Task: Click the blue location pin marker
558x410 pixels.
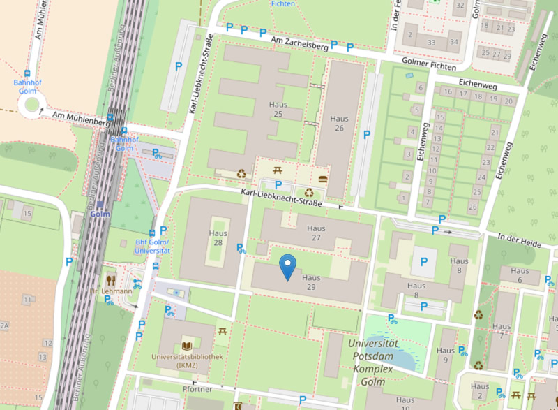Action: (x=287, y=266)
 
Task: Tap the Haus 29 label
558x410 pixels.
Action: (x=311, y=282)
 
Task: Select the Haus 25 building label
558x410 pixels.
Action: (x=278, y=109)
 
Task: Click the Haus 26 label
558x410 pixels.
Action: (x=340, y=124)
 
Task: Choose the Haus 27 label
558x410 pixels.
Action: (x=317, y=233)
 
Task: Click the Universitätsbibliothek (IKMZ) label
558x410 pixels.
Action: (x=187, y=360)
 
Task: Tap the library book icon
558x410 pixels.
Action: (x=186, y=346)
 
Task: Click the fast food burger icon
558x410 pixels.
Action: (x=322, y=179)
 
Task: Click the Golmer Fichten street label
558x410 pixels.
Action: (x=429, y=65)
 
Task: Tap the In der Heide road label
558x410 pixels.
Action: (x=520, y=238)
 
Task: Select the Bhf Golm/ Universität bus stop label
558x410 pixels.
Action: (x=153, y=247)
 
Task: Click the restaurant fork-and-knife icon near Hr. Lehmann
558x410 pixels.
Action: (x=109, y=279)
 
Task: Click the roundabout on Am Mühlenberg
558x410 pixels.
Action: (x=30, y=105)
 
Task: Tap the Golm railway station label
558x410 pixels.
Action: (x=100, y=214)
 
